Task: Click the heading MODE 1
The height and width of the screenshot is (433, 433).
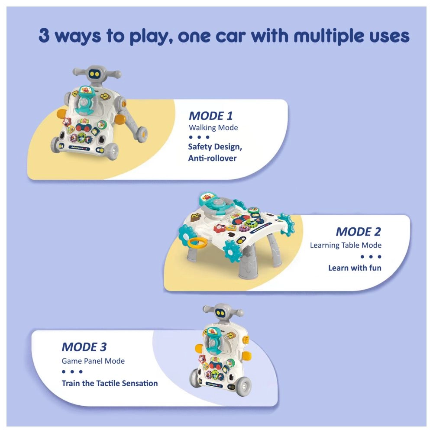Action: coord(210,116)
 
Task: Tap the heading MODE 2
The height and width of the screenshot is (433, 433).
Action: coord(358,232)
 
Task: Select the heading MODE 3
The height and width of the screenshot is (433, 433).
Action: coord(84,347)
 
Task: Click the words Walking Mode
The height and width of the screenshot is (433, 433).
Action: coord(213,128)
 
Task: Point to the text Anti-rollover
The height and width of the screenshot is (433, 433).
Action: coord(212,158)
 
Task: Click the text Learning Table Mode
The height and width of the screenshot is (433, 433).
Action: coord(346,245)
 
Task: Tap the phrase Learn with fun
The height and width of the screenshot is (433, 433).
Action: coord(355,268)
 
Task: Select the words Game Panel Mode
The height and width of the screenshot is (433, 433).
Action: coord(93,360)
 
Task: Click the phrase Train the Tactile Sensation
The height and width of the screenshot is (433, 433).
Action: coord(110,383)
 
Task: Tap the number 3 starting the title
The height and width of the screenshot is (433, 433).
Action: coord(44,36)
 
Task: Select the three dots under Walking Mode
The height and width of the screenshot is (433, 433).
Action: coord(199,137)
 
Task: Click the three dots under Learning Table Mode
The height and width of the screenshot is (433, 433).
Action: coord(371,256)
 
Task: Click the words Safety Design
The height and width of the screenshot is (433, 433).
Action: coord(215,146)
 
